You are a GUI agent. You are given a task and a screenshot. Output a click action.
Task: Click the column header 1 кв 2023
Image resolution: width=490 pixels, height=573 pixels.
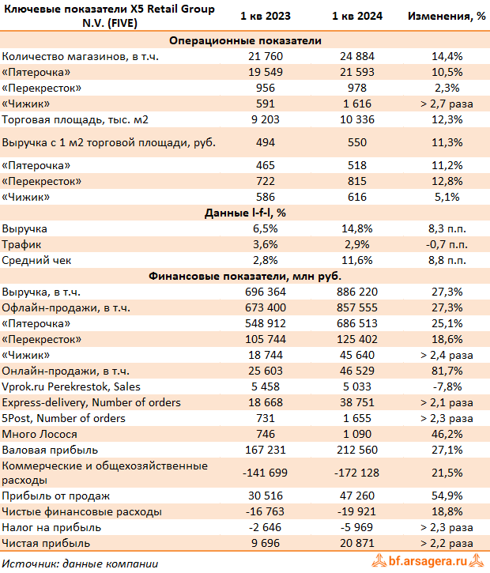click(266, 16)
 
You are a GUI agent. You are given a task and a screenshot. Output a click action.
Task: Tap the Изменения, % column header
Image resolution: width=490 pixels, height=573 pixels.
click(446, 16)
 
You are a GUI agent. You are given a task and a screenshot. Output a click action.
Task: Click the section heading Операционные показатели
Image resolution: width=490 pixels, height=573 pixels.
click(245, 41)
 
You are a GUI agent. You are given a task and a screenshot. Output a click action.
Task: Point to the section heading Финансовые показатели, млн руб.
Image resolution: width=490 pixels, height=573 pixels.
click(245, 276)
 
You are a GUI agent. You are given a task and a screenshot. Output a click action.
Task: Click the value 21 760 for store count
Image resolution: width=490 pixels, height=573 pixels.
click(266, 57)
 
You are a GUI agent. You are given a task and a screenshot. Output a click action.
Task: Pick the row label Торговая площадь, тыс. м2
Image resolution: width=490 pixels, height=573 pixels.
click(75, 120)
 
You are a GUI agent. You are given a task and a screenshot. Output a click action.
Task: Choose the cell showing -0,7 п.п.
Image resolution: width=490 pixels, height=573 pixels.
click(446, 244)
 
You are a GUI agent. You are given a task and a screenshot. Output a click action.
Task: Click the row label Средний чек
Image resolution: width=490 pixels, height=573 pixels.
click(35, 260)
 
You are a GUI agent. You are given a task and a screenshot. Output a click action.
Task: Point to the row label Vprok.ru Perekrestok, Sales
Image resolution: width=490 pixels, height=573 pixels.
click(72, 386)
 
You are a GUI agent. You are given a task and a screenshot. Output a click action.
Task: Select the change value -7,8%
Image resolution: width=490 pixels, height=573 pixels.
click(446, 386)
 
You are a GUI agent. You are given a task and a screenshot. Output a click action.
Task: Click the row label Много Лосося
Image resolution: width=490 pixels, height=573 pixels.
click(40, 434)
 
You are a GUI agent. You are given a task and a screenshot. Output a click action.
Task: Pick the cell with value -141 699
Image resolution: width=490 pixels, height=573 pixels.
click(266, 472)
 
